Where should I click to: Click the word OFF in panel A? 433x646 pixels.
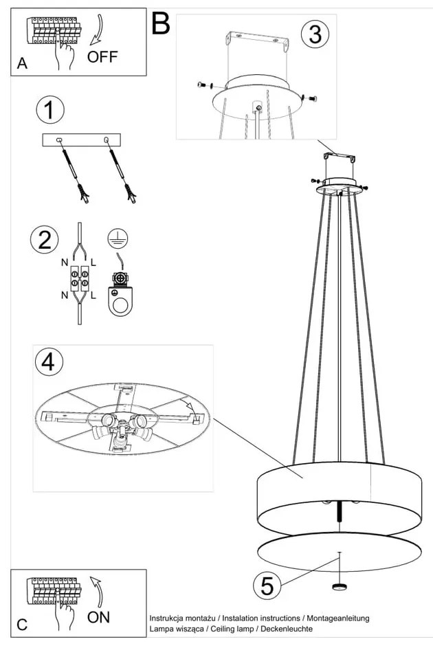(102, 56)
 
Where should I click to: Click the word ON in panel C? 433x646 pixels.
(98, 616)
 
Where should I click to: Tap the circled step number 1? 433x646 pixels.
(50, 110)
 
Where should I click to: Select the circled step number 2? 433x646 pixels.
(45, 241)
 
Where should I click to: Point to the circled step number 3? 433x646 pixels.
(315, 34)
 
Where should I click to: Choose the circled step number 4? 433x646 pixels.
(49, 362)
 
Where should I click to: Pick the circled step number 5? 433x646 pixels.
(267, 586)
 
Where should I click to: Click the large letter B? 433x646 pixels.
(161, 23)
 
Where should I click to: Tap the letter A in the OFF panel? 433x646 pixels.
(22, 63)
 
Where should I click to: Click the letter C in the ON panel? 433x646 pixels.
(22, 625)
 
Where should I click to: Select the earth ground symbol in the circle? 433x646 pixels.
(118, 239)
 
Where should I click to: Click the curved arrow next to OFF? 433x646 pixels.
(98, 30)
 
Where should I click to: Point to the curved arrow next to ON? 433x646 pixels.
(96, 591)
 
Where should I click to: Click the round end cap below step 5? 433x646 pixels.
(340, 586)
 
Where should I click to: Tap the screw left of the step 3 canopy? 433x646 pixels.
(203, 85)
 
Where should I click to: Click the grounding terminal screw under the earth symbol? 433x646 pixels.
(120, 279)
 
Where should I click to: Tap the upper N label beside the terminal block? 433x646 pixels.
(65, 263)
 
